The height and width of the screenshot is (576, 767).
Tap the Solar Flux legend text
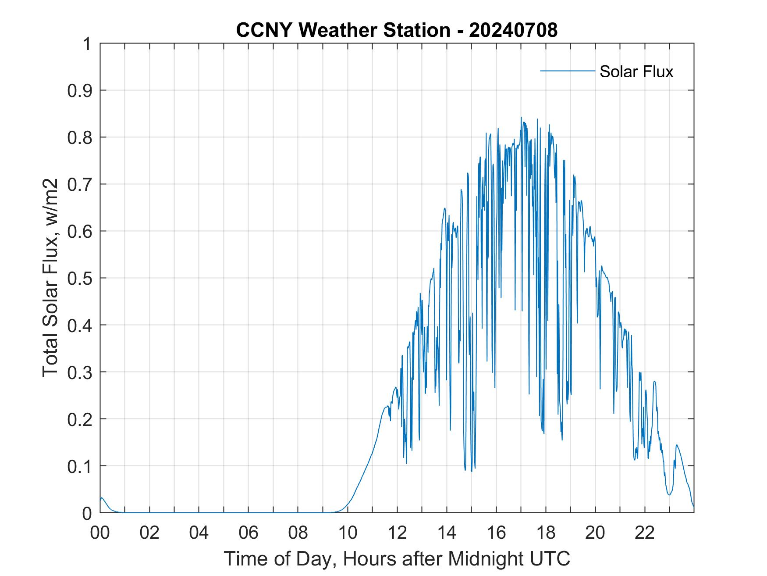[x=636, y=72]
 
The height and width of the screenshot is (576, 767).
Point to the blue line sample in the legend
[x=567, y=71]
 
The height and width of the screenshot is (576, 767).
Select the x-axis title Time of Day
[x=397, y=559]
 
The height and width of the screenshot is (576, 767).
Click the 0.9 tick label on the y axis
[x=80, y=90]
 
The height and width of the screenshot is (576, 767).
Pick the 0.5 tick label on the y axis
[x=80, y=278]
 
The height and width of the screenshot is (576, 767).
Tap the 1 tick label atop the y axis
[x=87, y=44]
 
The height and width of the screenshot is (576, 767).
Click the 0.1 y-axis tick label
[x=80, y=466]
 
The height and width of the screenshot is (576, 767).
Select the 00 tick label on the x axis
[x=100, y=533]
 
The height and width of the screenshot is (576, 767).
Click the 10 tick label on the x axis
[x=348, y=533]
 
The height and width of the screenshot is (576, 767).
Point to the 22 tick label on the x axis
[x=645, y=533]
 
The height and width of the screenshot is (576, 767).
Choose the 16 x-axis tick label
[x=496, y=533]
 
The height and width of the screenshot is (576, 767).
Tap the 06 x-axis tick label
[x=249, y=533]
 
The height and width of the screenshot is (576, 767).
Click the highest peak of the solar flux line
[x=521, y=118]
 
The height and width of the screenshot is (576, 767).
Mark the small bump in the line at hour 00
[x=102, y=498]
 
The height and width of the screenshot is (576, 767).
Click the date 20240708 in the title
[x=513, y=30]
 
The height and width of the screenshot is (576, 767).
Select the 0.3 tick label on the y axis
[x=80, y=372]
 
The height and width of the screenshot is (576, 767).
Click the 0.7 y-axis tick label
[x=80, y=184]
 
